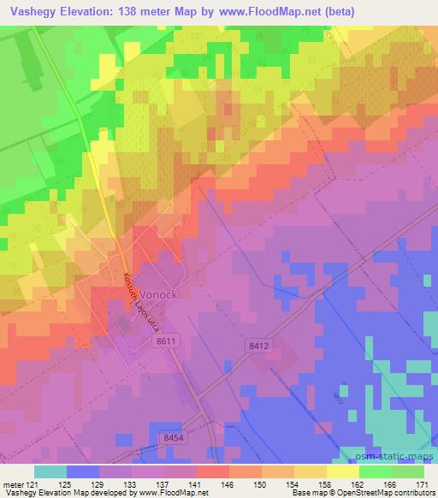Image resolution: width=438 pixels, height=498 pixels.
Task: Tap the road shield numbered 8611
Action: pyautogui.click(x=166, y=341)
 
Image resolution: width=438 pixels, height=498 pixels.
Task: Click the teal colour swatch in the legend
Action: pyautogui.click(x=50, y=471)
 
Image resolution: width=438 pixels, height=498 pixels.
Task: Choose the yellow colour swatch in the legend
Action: pyautogui.click(x=341, y=471)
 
